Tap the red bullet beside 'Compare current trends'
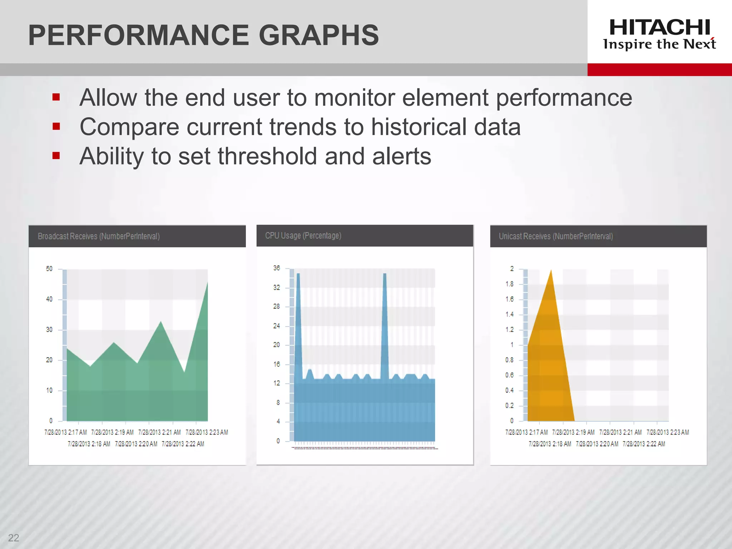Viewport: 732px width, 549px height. [x=56, y=127]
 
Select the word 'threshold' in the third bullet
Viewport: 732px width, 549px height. [x=267, y=156]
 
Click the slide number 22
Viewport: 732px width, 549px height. [x=14, y=538]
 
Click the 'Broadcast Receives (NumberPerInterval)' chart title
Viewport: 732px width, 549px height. [x=99, y=236]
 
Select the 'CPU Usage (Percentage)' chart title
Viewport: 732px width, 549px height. [x=303, y=236]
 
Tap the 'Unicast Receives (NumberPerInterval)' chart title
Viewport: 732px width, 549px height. [x=556, y=236]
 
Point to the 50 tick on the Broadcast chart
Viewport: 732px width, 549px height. [x=49, y=269]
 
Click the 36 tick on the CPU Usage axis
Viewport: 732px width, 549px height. [x=277, y=268]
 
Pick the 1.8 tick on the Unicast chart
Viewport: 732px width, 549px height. [x=509, y=284]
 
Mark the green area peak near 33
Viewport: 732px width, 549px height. [x=161, y=322]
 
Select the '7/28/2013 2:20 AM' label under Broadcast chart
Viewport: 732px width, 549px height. [x=136, y=444]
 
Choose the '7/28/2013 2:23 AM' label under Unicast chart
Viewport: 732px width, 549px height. [x=668, y=432]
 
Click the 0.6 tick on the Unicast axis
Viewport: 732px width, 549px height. [x=509, y=375]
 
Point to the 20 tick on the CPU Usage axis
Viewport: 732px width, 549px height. [x=277, y=345]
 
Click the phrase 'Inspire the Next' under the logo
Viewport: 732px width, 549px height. [x=659, y=44]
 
